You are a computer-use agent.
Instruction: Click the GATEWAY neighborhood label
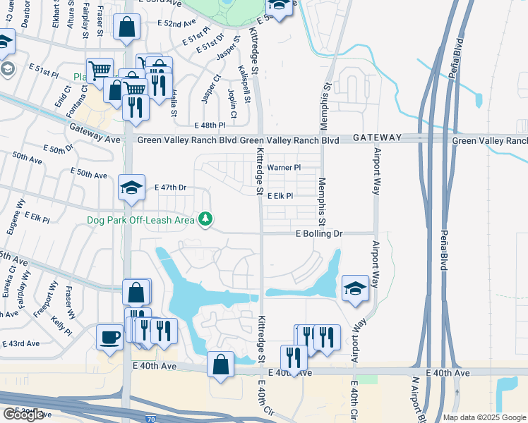377,137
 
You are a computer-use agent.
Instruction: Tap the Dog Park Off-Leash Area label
140,220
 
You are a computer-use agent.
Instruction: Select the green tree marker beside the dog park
205,219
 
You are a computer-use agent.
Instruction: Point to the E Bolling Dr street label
318,233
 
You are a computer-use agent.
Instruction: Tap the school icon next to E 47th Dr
131,188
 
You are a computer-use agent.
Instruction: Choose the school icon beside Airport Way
355,288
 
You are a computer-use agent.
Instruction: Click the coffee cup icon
109,337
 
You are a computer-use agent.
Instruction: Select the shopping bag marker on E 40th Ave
221,365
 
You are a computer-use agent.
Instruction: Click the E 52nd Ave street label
177,23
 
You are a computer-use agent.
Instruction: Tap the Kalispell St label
246,84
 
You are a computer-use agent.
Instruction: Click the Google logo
23,415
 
